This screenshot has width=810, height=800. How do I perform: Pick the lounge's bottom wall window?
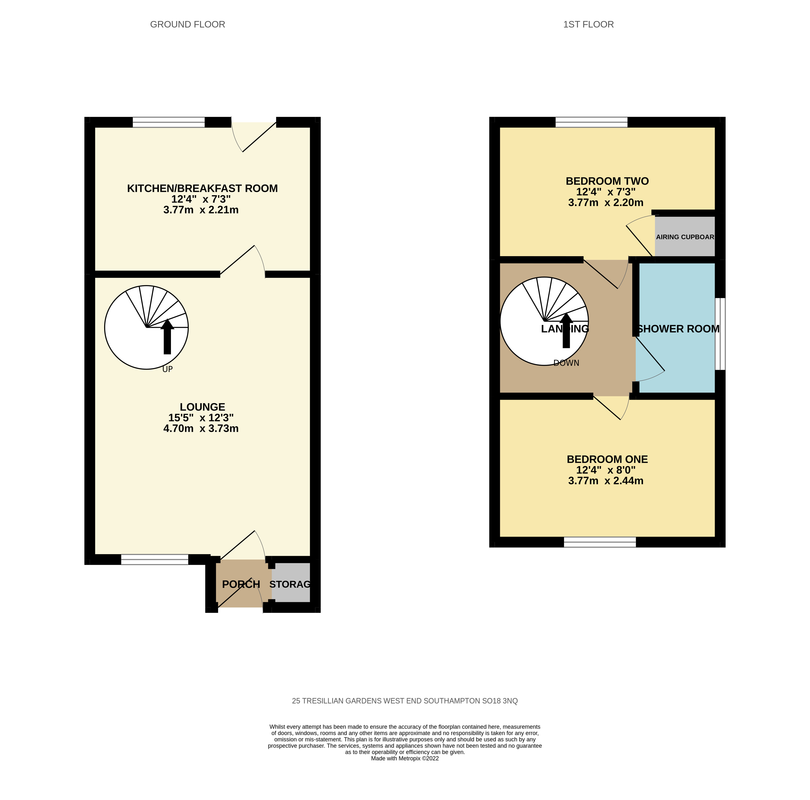click(x=155, y=559)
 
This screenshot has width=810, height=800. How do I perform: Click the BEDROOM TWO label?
click(x=607, y=181)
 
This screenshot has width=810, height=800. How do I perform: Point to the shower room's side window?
click(x=720, y=334)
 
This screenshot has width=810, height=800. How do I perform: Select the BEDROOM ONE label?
click(x=607, y=459)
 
